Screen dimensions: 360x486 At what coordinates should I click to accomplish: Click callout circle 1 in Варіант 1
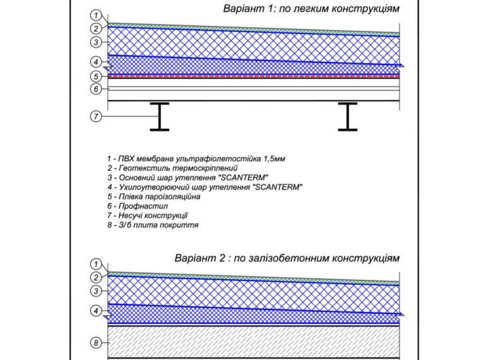point(95,15)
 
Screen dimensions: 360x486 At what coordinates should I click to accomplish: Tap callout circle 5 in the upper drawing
point(95,76)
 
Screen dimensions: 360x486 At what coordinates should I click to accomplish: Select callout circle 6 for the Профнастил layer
point(95,89)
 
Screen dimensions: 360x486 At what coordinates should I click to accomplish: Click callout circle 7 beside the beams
point(95,117)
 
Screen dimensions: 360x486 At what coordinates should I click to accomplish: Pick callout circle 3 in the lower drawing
point(95,291)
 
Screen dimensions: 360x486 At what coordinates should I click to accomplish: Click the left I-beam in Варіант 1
point(160,117)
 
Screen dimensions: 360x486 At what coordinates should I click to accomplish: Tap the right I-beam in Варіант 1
point(348,117)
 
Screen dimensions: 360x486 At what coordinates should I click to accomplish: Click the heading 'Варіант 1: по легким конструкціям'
point(311,10)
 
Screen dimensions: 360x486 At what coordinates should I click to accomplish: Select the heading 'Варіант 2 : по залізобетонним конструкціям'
point(287,258)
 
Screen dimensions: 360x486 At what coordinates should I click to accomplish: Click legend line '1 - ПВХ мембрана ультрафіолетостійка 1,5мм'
point(196,159)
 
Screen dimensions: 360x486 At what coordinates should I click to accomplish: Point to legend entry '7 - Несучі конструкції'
point(148,215)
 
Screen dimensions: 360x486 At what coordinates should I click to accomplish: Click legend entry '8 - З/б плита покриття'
point(153,225)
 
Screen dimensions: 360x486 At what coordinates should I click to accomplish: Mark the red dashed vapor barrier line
point(252,76)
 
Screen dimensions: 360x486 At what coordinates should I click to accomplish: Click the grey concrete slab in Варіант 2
point(252,342)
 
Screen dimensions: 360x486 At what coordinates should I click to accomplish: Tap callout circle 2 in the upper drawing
point(95,28)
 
